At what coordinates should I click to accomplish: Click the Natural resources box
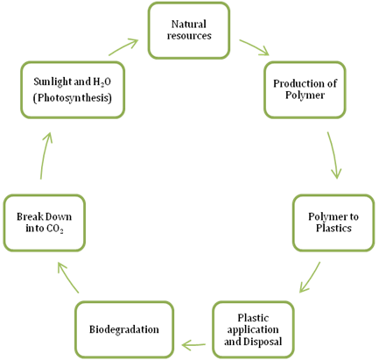(189, 31)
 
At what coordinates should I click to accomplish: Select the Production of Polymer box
(305, 89)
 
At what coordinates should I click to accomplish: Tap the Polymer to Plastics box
(333, 222)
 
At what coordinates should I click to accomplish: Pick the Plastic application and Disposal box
(253, 329)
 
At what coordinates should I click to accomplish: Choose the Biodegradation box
(124, 329)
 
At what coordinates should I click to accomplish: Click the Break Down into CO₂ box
(45, 222)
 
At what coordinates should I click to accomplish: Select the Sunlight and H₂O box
(73, 89)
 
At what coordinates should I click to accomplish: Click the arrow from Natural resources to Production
(254, 47)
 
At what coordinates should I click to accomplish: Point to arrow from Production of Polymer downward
(334, 155)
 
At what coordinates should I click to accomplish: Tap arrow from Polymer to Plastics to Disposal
(310, 277)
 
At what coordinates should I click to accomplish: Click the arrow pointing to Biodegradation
(193, 345)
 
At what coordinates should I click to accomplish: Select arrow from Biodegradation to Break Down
(68, 277)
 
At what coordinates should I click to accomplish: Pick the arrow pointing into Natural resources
(123, 47)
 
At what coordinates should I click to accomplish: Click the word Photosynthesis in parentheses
(73, 98)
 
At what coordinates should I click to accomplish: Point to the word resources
(189, 36)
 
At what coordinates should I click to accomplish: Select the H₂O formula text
(102, 81)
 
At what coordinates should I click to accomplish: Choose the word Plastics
(333, 228)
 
